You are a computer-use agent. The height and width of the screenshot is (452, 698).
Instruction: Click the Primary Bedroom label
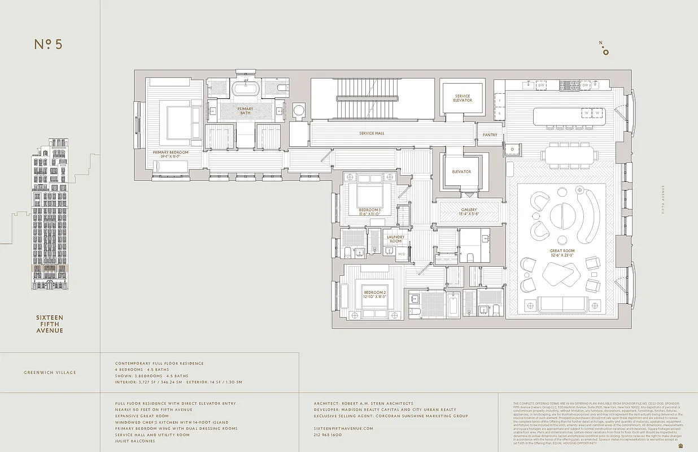click(170, 153)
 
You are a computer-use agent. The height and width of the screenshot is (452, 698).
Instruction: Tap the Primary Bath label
click(245, 111)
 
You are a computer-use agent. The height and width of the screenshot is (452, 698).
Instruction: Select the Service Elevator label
click(462, 98)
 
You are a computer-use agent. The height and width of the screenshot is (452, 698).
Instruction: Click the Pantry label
click(489, 135)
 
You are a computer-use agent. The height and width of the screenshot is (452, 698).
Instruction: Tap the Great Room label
click(562, 253)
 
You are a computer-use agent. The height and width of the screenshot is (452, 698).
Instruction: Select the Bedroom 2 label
click(374, 294)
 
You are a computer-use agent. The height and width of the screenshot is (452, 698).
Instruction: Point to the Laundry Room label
click(395, 239)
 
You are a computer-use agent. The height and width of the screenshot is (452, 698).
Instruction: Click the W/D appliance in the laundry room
click(402, 254)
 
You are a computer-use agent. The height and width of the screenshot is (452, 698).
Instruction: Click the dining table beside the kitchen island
click(567, 154)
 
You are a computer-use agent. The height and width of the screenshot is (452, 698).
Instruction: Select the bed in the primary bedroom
click(180, 120)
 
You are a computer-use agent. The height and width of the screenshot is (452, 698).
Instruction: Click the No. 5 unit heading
click(48, 45)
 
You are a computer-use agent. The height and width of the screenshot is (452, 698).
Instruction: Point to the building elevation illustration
click(50, 215)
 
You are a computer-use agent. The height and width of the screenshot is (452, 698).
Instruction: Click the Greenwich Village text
click(50, 372)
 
